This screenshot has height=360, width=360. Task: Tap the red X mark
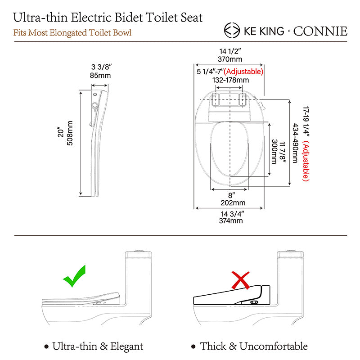click(x=240, y=280)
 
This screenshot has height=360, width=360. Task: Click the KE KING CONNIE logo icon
click(x=232, y=30)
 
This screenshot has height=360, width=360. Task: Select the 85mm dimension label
click(x=100, y=75)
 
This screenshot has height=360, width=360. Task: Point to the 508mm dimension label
click(x=70, y=133)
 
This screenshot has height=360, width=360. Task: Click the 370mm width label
click(x=230, y=59)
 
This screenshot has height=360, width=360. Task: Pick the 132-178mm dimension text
click(x=230, y=80)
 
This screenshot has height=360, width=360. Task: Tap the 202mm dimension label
click(x=233, y=203)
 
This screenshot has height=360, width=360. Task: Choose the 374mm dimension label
click(x=231, y=220)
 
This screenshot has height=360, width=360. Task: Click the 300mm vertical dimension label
click(x=274, y=152)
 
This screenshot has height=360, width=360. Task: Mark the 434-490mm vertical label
click(x=295, y=143)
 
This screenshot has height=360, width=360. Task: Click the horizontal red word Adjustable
click(x=243, y=72)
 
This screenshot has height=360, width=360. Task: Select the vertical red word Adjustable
click(x=306, y=161)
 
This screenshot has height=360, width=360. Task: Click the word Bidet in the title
click(x=128, y=18)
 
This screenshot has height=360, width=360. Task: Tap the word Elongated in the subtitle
click(x=68, y=33)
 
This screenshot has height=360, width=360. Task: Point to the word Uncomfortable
click(x=274, y=346)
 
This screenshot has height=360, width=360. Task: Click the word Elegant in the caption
click(x=126, y=346)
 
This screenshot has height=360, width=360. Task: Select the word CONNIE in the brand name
click(x=320, y=31)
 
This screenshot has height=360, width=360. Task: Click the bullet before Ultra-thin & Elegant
click(x=47, y=346)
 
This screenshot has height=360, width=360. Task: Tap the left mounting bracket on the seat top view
click(x=216, y=99)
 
